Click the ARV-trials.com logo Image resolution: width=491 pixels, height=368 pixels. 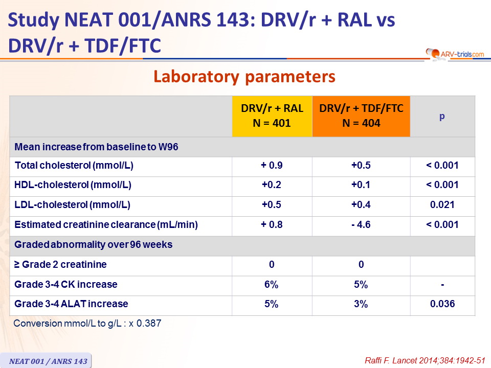point(455,54)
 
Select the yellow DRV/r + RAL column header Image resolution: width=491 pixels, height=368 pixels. point(272,116)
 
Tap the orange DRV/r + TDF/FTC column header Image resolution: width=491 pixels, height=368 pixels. point(361,116)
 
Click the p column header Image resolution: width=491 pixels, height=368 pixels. point(442,117)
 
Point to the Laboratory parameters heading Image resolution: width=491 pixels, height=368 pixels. point(244,77)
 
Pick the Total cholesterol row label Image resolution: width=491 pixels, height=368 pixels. point(74,165)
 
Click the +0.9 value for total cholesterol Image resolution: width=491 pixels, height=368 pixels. point(272,165)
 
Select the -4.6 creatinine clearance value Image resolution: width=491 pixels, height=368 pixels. point(361,225)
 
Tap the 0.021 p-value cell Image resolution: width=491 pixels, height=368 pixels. point(442,204)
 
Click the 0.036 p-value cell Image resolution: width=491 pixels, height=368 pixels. point(442,304)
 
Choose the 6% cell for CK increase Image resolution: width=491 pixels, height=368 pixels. point(271,285)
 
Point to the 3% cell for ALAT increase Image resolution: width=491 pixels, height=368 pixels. point(361,304)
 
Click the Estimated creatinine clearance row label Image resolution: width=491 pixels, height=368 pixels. point(106,225)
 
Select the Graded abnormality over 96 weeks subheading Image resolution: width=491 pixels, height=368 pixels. point(93,244)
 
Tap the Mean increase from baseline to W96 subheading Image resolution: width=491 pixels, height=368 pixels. point(96,147)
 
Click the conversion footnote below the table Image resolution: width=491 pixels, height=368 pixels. point(87,323)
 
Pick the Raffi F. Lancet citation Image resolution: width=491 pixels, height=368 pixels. point(425,360)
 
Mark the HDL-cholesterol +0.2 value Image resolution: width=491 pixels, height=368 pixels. point(272,185)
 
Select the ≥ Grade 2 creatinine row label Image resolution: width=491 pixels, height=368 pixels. point(60,264)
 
